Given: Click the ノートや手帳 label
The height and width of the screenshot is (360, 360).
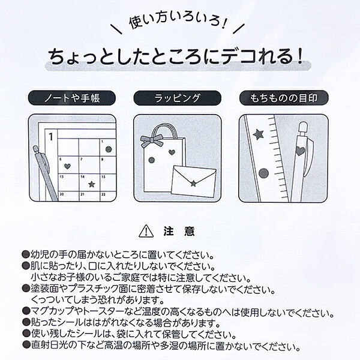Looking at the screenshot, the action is tap(72, 98).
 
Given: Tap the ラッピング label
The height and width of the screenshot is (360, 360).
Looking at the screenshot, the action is tap(177, 98).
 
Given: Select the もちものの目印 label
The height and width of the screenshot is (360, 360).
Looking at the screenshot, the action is tap(284, 98).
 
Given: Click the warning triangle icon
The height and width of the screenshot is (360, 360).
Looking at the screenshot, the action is tap(146, 231).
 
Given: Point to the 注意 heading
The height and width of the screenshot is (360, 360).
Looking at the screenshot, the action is tap(179, 232).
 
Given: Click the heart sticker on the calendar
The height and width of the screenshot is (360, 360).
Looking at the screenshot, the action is tap(67, 166).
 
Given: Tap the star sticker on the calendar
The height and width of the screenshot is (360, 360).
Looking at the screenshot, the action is tap(92, 184).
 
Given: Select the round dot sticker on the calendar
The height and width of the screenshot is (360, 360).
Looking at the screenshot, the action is tap(109, 149).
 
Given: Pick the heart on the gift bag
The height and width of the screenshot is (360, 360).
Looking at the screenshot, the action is tap(172, 152).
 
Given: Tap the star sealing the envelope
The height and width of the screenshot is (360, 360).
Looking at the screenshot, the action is tap(194, 183).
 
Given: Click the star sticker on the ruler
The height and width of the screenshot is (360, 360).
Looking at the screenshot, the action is tap(258, 134).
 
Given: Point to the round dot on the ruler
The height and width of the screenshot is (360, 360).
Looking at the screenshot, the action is tap(263, 173).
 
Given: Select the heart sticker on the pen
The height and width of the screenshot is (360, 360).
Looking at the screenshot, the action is tap(300, 151).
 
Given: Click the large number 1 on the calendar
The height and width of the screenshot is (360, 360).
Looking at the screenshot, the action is tap(51, 137).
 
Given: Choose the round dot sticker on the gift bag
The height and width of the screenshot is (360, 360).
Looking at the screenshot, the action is tap(152, 160).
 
